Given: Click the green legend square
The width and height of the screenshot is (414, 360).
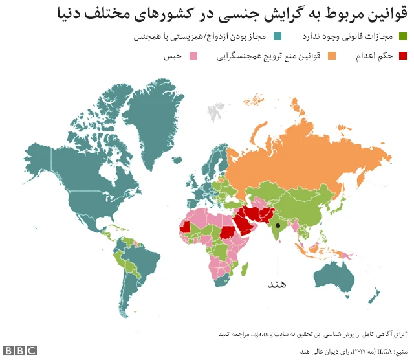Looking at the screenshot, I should pyautogui.click(x=402, y=37).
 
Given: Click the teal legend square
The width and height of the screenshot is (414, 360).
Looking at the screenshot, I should pyautogui.click(x=278, y=37).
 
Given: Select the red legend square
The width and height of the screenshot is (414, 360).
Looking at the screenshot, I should pyautogui.click(x=402, y=56).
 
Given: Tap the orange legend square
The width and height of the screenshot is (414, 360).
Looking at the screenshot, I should pyautogui.click(x=332, y=56).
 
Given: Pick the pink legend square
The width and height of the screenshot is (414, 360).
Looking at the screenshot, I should pyautogui.click(x=192, y=56).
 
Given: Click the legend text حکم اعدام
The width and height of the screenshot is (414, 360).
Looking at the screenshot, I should pyautogui.click(x=375, y=56).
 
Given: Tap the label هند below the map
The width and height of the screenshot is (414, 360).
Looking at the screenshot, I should pyautogui.click(x=277, y=283).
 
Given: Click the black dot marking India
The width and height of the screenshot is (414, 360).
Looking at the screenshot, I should pyautogui.click(x=278, y=225).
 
